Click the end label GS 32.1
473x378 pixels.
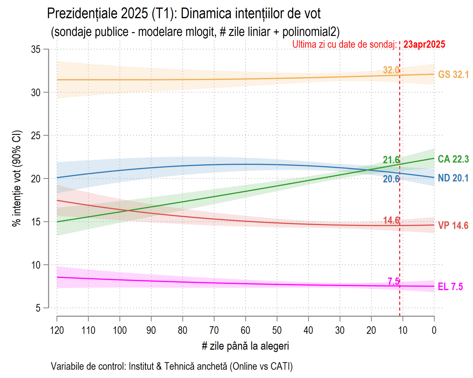(x=453, y=75)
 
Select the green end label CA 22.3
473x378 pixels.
(x=453, y=159)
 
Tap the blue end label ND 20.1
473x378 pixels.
(x=453, y=178)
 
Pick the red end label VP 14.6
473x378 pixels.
(x=453, y=226)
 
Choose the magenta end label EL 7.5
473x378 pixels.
(x=450, y=287)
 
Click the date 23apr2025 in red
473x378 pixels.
(x=424, y=44)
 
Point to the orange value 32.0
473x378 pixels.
(x=391, y=70)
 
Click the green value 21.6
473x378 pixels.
(x=391, y=160)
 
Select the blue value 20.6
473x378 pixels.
(x=391, y=179)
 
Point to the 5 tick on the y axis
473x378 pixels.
(x=38, y=308)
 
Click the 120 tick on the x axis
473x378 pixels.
(x=57, y=330)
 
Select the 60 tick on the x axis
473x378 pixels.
(x=245, y=330)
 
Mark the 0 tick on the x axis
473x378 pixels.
(x=434, y=330)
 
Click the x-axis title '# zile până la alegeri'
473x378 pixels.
(x=245, y=346)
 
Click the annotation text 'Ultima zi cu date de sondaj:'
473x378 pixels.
(x=344, y=44)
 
